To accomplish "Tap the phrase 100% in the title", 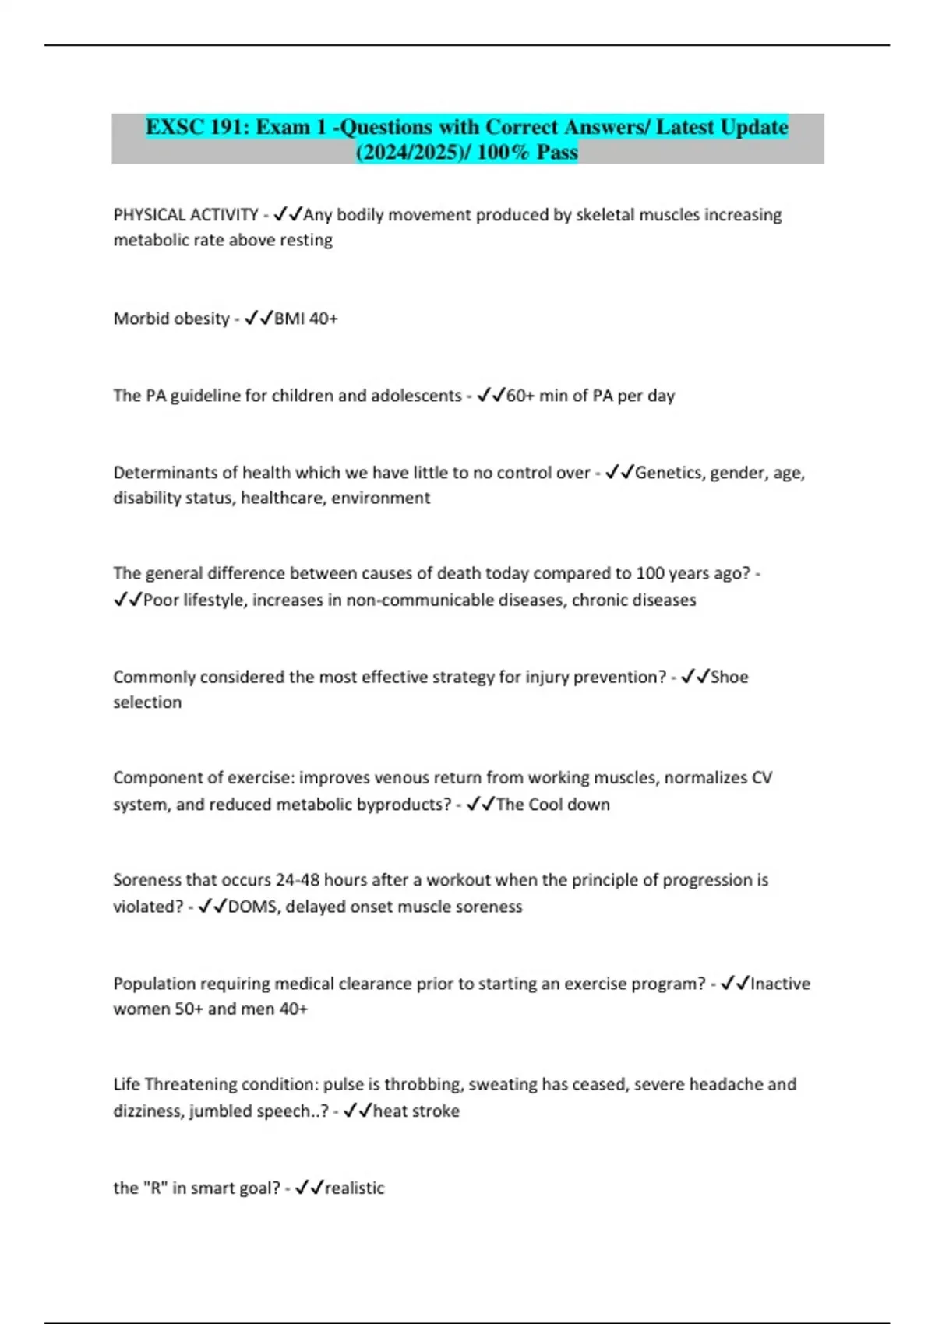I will pyautogui.click(x=502, y=152).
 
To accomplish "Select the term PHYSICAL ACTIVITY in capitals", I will pyautogui.click(x=185, y=215).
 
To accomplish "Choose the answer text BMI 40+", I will pyautogui.click(x=306, y=319).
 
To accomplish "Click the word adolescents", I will pyautogui.click(x=416, y=396).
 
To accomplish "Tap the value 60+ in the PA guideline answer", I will pyautogui.click(x=520, y=396).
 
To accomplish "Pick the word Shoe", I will pyautogui.click(x=729, y=678).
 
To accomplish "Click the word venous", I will pyautogui.click(x=402, y=778).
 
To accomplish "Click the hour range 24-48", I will pyautogui.click(x=297, y=880).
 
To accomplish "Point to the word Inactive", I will pyautogui.click(x=780, y=984).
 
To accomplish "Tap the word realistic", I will pyautogui.click(x=355, y=1188).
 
